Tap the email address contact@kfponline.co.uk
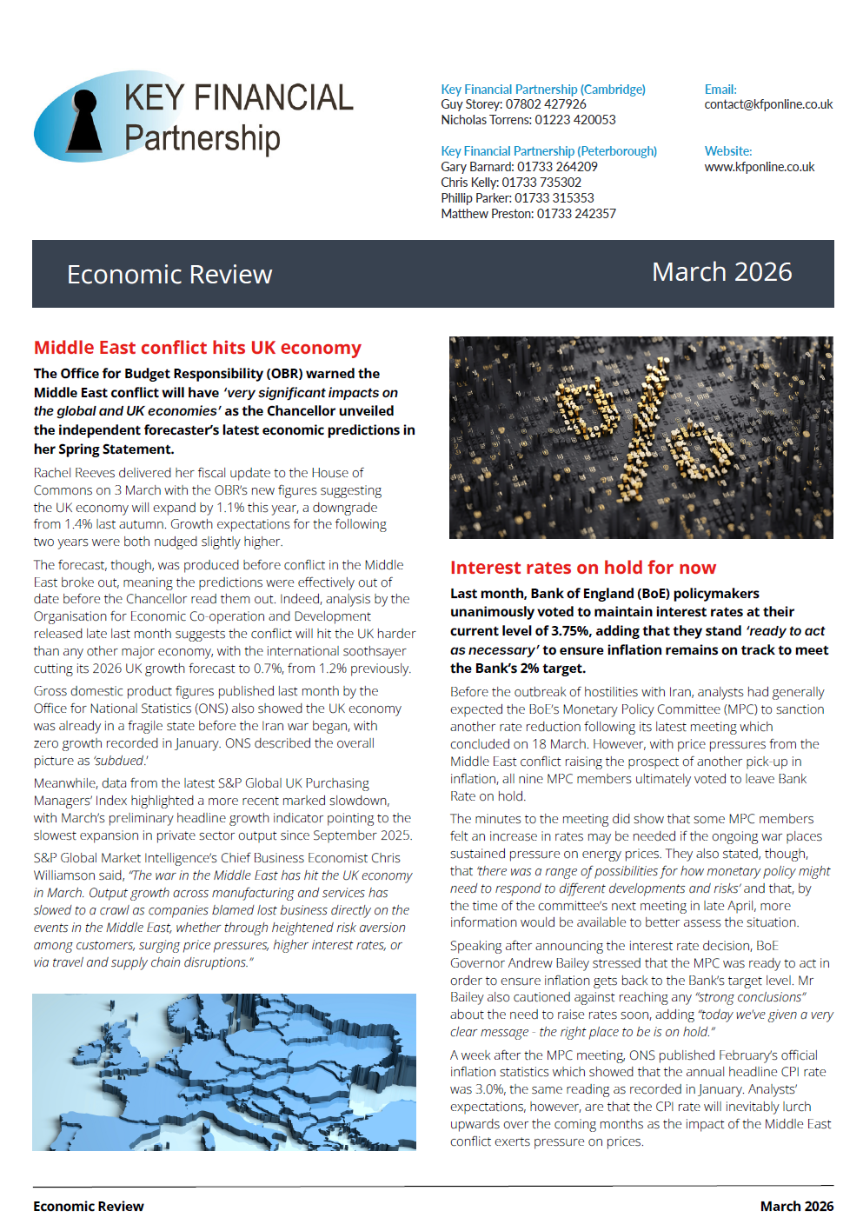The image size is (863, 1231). [767, 104]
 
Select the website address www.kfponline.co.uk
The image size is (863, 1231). [759, 167]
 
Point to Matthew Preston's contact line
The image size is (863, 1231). [528, 214]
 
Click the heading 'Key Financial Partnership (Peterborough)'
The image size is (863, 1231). [548, 151]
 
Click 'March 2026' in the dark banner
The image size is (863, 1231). [721, 272]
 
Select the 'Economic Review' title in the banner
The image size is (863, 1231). [169, 275]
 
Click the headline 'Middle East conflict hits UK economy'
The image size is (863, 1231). [197, 348]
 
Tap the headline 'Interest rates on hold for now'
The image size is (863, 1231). [582, 568]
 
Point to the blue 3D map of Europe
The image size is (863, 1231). [223, 1072]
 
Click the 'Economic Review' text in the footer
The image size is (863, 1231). [89, 1207]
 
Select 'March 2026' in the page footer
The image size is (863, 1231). [796, 1207]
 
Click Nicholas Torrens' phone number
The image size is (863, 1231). [575, 120]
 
